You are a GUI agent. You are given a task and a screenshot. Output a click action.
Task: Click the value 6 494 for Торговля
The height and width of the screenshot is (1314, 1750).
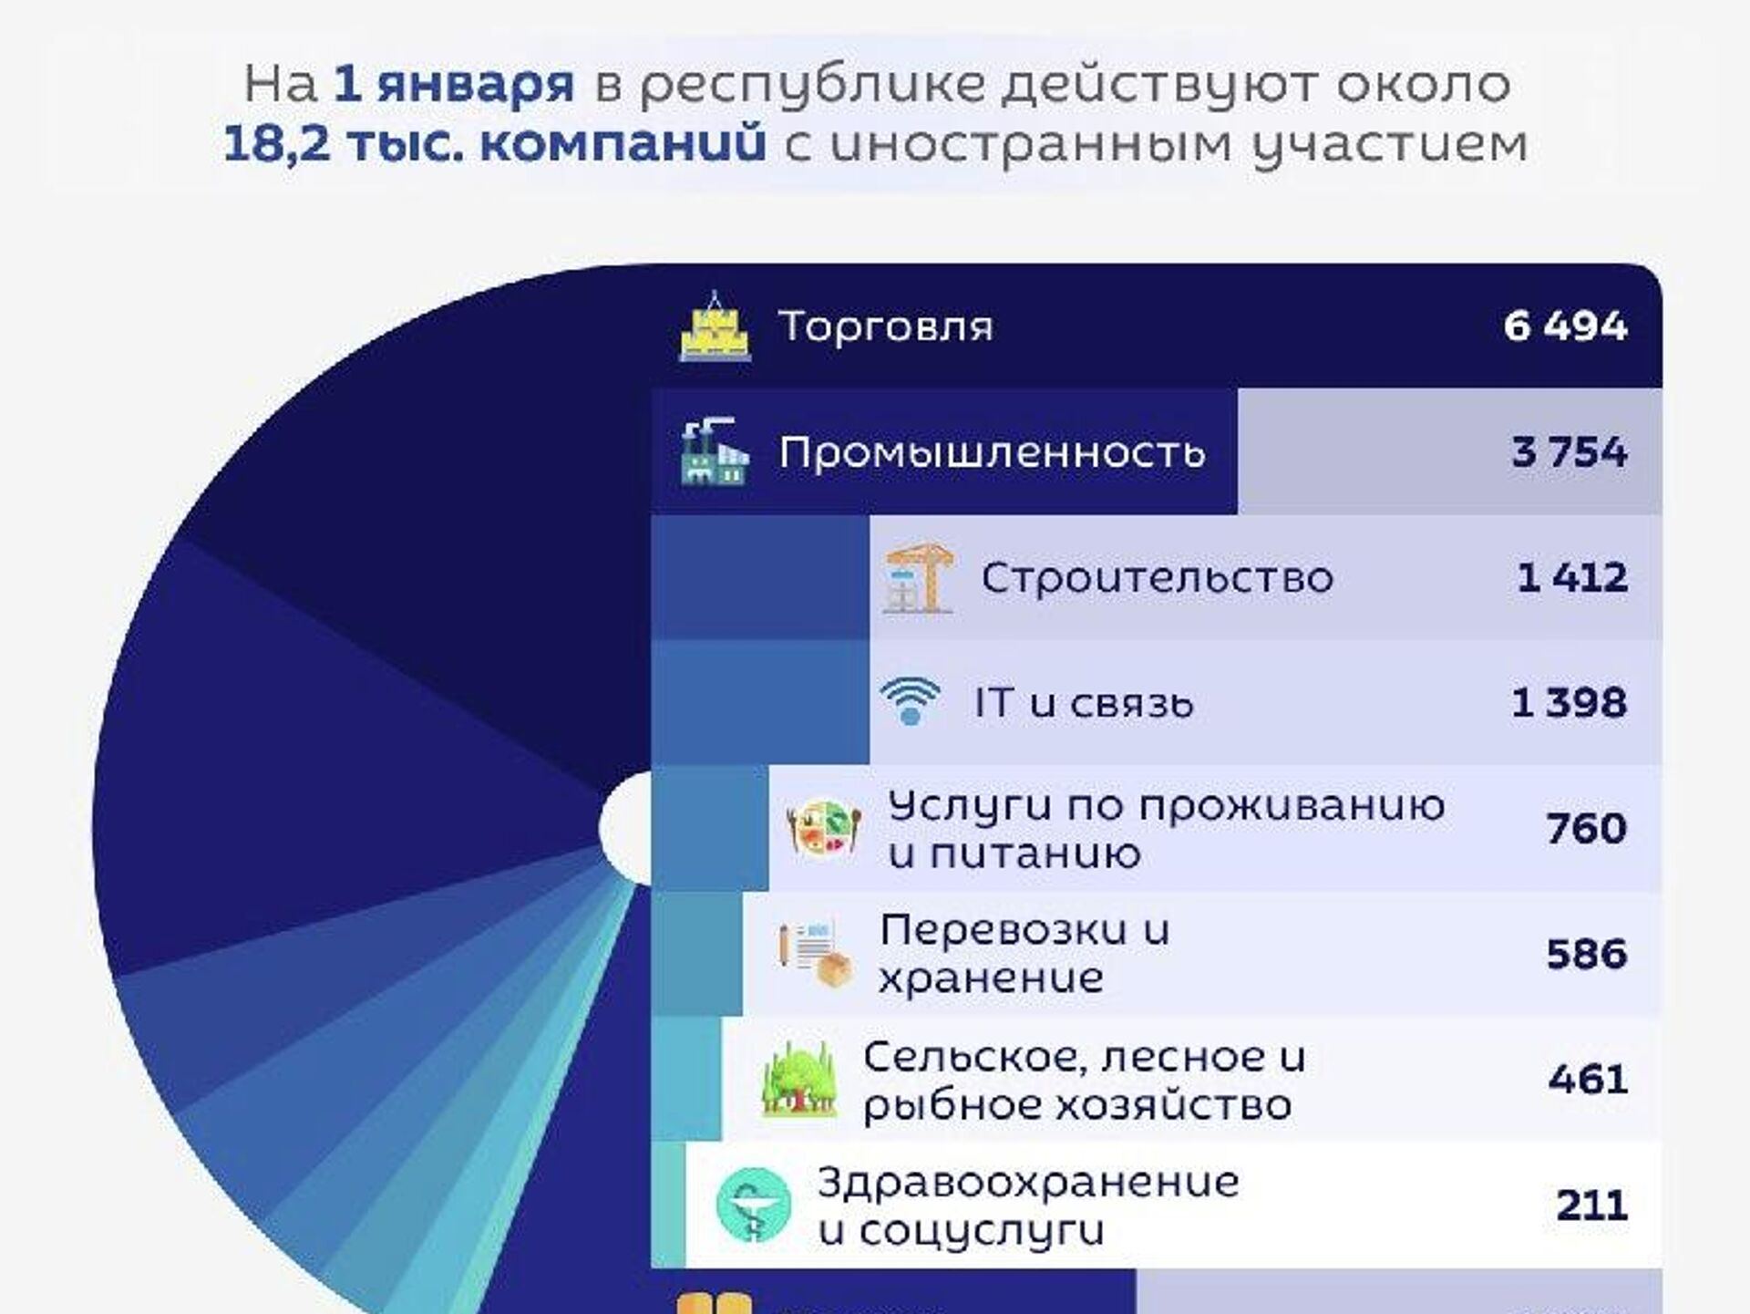1565,326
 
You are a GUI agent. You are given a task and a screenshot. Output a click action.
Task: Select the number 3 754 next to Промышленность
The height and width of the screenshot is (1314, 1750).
1569,451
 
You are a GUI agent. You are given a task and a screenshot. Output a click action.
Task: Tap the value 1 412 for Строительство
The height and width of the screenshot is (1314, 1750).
1571,577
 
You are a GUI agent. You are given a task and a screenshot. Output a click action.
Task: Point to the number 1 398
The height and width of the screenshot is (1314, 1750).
1569,702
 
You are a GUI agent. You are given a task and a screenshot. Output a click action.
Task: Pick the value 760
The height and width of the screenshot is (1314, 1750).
1586,828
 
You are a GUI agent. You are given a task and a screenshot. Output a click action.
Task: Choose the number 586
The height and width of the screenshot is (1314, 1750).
1586,954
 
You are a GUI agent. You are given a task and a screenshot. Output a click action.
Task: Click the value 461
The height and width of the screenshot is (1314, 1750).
1587,1079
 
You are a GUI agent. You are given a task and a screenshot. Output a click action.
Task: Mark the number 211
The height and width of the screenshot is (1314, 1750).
1591,1205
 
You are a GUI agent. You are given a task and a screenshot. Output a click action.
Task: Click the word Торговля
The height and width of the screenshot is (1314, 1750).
885,326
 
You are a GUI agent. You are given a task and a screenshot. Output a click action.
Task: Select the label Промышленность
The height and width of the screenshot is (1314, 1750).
992,452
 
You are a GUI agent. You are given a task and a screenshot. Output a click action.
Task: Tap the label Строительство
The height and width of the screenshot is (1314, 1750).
1157,578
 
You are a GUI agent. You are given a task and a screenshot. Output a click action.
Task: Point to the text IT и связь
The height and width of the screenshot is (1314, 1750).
1083,703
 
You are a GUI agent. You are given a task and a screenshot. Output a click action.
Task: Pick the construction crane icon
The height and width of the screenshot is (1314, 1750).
919,577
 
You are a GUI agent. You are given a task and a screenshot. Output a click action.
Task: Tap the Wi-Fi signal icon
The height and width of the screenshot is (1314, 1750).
910,701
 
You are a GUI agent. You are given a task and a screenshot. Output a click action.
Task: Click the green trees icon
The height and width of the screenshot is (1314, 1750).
799,1080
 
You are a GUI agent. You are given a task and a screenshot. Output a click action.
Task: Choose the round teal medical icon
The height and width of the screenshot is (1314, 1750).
753,1205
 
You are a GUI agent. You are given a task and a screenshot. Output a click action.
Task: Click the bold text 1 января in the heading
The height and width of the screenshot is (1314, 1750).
453,85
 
